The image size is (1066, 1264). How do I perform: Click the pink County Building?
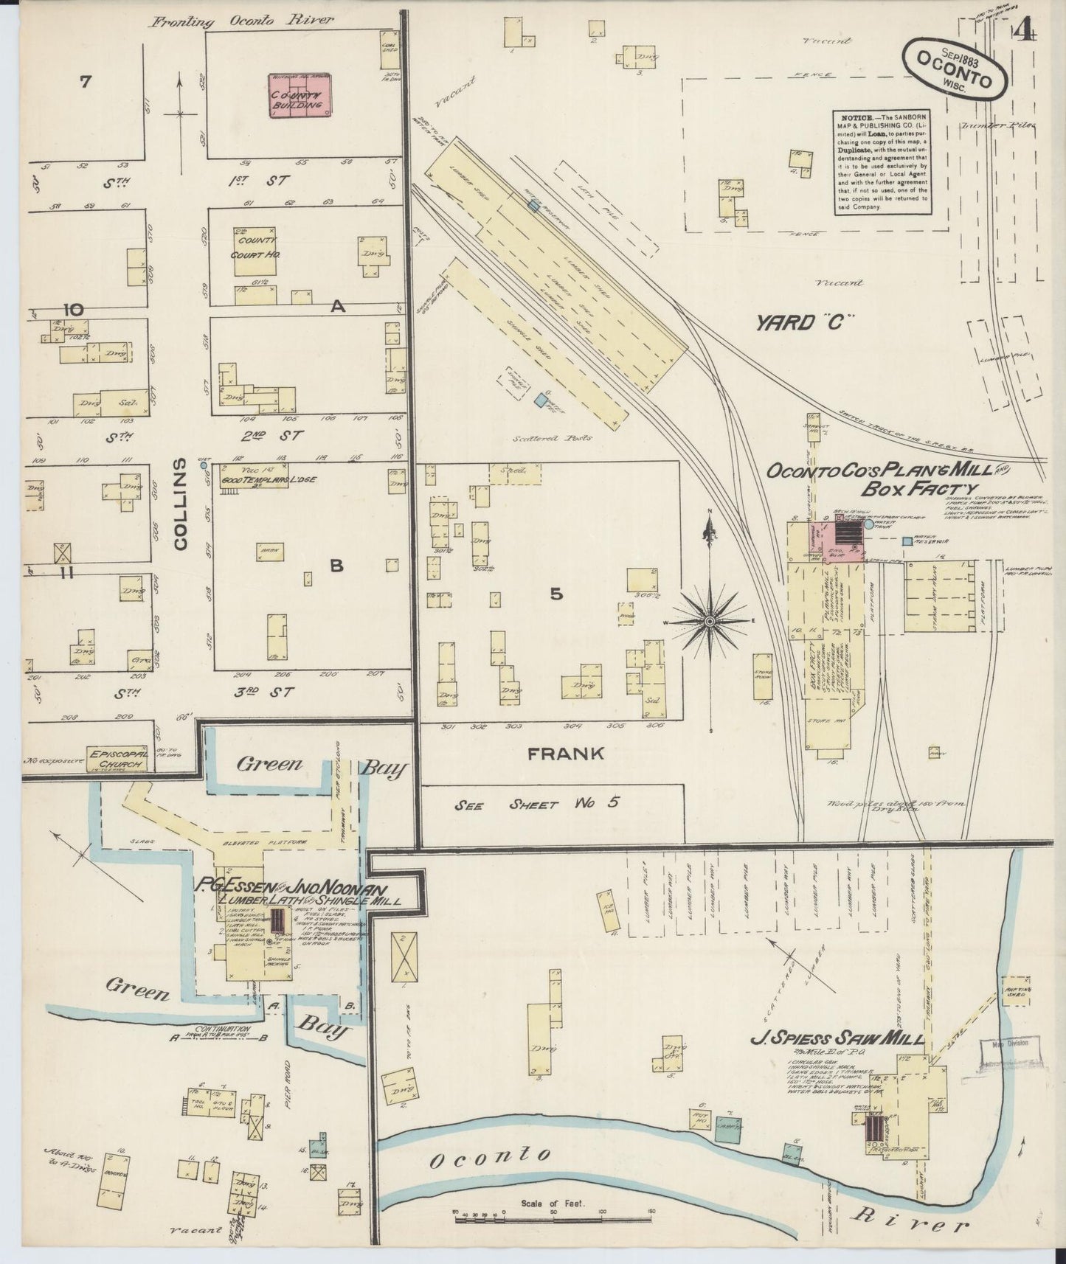[x=297, y=101]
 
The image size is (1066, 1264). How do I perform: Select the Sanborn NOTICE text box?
[x=882, y=163]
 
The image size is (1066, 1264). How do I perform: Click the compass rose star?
[x=709, y=622]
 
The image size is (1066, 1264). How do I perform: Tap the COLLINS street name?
[x=181, y=503]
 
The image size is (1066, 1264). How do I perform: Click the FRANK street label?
[x=565, y=753]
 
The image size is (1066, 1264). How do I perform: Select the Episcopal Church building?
[x=117, y=759]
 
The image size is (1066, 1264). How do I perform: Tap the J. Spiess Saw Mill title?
[x=836, y=1040]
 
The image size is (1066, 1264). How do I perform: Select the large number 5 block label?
[x=556, y=593]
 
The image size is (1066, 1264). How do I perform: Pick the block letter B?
[x=336, y=566]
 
